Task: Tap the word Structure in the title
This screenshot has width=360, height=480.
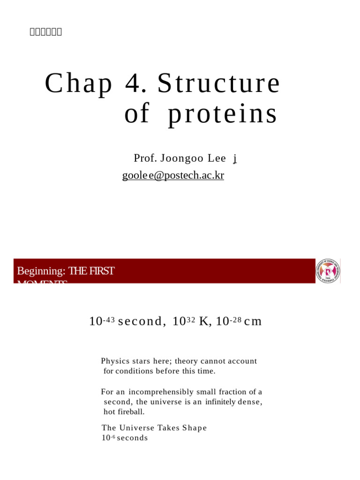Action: [x=218, y=83]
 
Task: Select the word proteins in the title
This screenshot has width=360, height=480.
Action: [x=223, y=114]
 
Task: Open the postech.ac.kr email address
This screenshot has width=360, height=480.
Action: [x=173, y=175]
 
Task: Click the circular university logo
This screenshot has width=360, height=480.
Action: [x=328, y=271]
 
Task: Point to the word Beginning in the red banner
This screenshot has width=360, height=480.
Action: [x=41, y=271]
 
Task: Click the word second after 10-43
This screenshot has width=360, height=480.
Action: [x=140, y=322]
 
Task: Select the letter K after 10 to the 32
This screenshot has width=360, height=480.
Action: [x=203, y=322]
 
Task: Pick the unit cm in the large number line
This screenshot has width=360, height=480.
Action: [x=253, y=322]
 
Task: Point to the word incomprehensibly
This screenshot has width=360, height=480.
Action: [x=161, y=392]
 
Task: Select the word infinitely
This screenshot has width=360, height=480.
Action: [x=220, y=402]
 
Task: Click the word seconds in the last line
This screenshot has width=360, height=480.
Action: [x=132, y=438]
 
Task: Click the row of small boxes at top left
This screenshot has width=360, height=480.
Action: [x=46, y=32]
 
